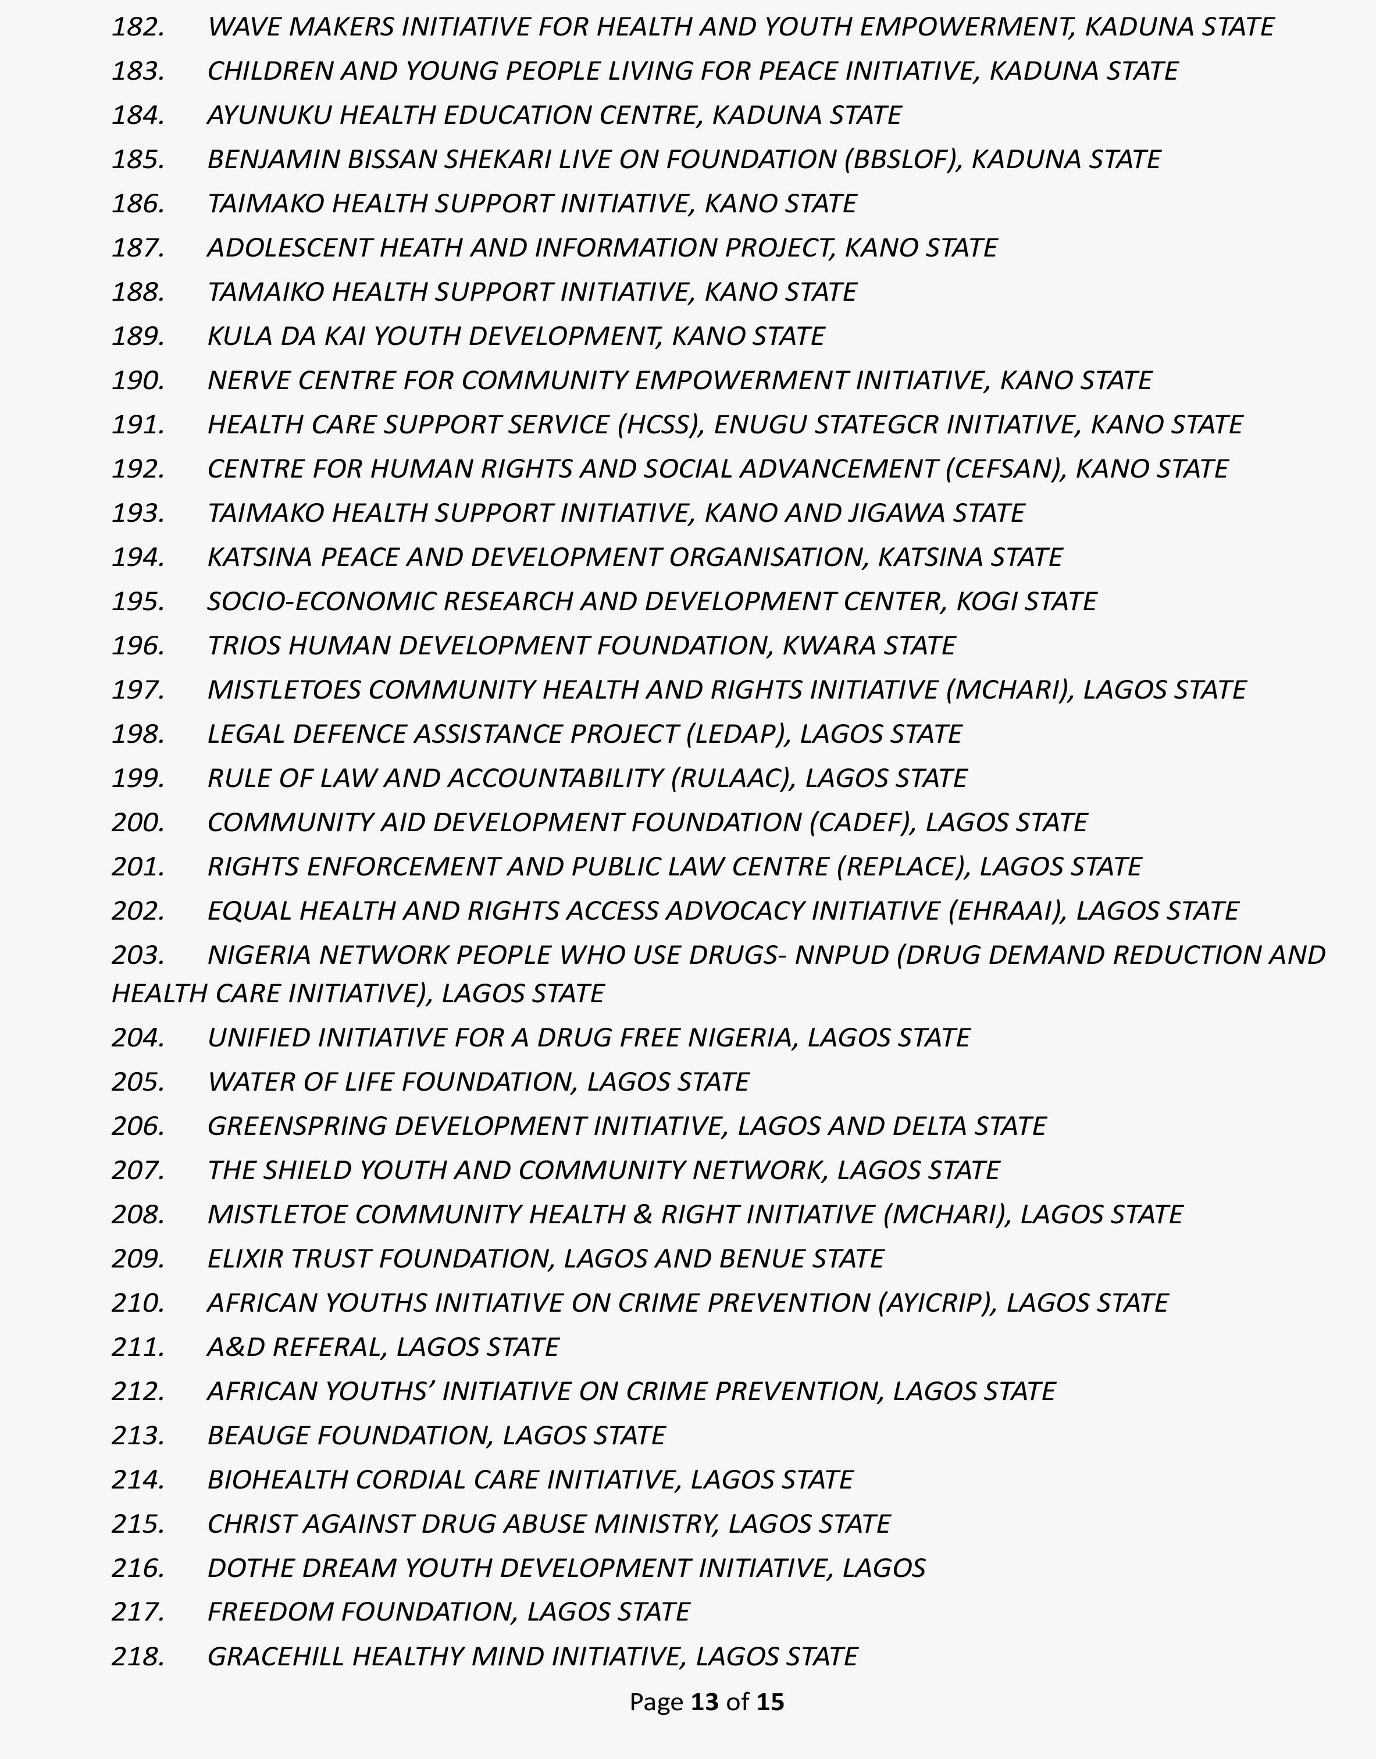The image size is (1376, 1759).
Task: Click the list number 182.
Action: click(138, 27)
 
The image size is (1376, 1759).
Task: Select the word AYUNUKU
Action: click(269, 115)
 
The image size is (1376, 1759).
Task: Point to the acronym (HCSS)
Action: click(661, 425)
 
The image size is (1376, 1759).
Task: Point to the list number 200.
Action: click(138, 822)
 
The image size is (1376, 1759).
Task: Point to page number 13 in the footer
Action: click(704, 1702)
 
